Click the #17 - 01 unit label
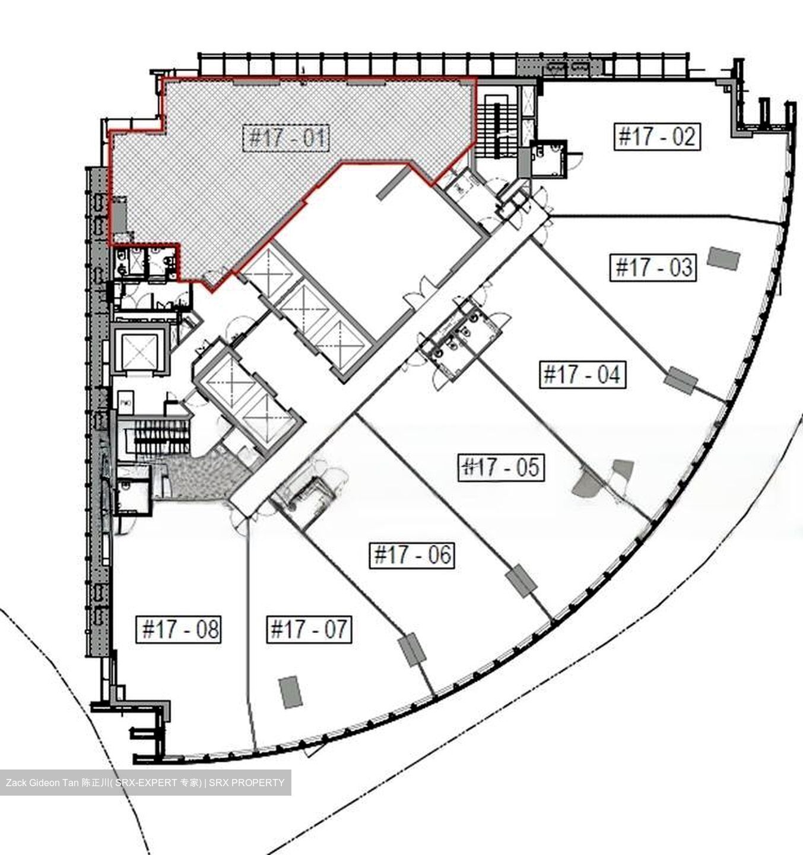287,138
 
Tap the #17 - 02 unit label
657,137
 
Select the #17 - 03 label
653,267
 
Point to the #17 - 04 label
582,375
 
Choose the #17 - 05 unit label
502,467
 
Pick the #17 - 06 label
412,555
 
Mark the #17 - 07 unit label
309,629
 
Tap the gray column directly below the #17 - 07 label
290,692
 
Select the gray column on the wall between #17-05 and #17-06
522,581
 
